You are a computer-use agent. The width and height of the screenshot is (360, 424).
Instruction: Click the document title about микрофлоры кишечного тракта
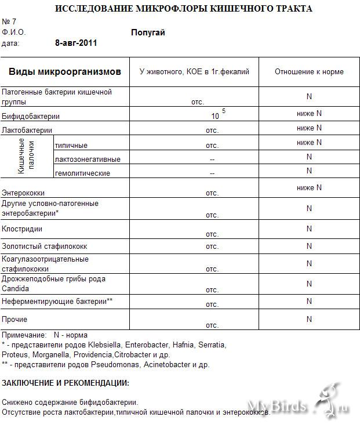tap(183, 9)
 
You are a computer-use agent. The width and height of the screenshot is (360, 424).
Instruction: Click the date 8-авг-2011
tap(76, 43)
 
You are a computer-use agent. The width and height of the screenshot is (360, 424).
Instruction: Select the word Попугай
tap(148, 32)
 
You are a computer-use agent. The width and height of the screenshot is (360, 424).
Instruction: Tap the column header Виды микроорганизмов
tap(65, 72)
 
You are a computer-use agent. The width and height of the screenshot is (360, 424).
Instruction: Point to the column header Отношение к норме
tap(309, 72)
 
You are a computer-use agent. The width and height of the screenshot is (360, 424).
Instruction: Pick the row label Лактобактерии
tap(27, 131)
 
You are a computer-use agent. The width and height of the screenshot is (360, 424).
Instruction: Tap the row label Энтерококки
tap(23, 193)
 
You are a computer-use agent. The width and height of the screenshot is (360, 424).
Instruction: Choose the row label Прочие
tap(14, 319)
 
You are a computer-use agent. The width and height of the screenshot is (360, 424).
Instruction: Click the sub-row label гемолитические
tap(82, 173)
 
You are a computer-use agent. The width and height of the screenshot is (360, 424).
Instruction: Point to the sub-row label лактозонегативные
tap(88, 159)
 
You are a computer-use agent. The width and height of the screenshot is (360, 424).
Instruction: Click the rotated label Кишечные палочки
tap(26, 157)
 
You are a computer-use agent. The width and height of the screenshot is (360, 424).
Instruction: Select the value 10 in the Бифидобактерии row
tap(215, 116)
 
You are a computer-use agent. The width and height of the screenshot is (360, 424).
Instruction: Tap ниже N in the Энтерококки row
tap(309, 187)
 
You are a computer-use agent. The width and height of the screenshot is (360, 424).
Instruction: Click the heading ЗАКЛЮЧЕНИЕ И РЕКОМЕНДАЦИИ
tap(66, 383)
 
